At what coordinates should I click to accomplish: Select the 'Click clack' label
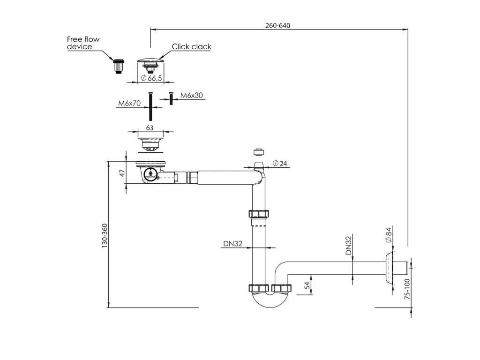tap(191, 46)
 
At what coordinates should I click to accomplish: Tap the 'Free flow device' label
tap(83, 43)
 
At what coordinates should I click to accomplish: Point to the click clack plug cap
tap(150, 61)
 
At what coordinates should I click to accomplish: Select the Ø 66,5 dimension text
tap(151, 78)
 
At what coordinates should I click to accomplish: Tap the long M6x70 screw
tap(150, 107)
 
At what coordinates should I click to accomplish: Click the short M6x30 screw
tap(171, 98)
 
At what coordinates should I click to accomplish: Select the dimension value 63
tap(150, 127)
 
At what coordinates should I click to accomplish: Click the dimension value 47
tap(122, 173)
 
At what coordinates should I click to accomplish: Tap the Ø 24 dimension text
tap(281, 164)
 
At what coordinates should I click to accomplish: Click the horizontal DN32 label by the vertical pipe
tap(232, 243)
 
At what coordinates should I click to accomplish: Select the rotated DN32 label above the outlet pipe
tap(349, 246)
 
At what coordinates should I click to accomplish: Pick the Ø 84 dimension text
tap(388, 234)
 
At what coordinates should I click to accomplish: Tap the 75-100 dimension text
tap(407, 289)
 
